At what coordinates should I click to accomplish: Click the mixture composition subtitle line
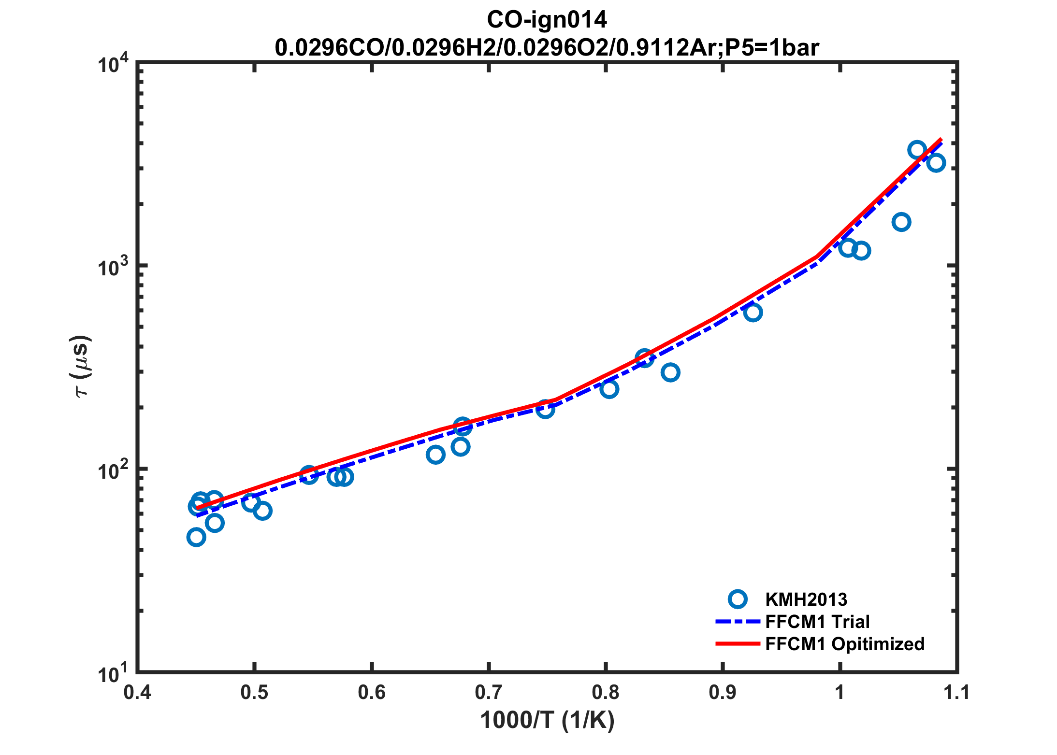(547, 48)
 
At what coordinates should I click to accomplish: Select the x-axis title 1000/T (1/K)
(547, 720)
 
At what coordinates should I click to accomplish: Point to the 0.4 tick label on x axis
(137, 692)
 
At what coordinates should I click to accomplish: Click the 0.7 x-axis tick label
(489, 692)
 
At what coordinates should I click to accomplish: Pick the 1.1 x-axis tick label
(956, 692)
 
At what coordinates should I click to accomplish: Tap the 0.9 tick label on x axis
(723, 692)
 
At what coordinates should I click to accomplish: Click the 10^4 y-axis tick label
(114, 64)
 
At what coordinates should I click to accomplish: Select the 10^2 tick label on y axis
(114, 470)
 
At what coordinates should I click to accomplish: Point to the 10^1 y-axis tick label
(114, 673)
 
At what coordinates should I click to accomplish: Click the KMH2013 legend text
(806, 599)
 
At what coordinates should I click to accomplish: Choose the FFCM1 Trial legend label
(817, 622)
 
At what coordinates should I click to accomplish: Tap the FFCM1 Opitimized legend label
(844, 644)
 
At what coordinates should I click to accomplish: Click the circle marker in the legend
(738, 599)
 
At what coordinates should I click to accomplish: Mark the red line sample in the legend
(738, 644)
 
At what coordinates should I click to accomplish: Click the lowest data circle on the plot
(196, 537)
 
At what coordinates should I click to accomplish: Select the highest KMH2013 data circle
(917, 150)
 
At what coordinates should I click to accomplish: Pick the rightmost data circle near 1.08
(936, 163)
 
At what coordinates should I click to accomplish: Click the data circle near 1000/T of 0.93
(753, 313)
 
